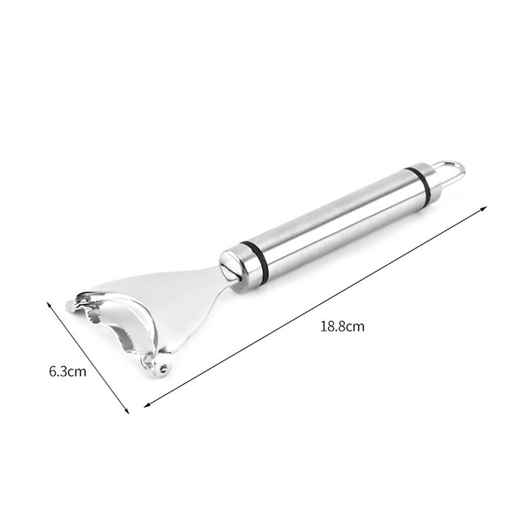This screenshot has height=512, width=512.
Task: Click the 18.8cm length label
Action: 342,326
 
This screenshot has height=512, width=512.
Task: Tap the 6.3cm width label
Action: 68,372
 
